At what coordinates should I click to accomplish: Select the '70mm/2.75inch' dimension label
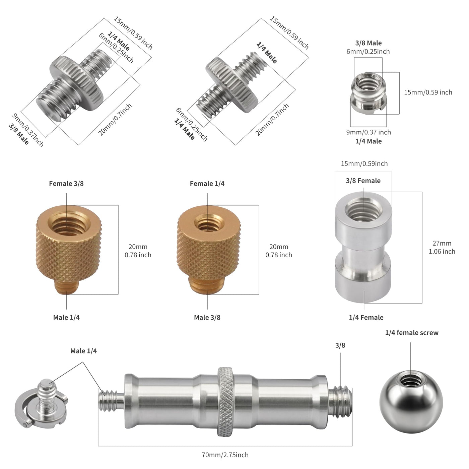coord(225,455)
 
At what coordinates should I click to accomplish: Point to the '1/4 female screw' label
coord(412,333)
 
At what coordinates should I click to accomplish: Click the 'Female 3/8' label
coord(66,184)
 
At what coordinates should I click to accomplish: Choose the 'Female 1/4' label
coord(207,184)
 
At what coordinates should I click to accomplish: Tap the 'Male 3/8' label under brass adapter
coord(207,317)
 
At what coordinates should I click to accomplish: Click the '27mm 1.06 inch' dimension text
coord(442,247)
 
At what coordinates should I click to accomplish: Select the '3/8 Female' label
coord(363,181)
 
